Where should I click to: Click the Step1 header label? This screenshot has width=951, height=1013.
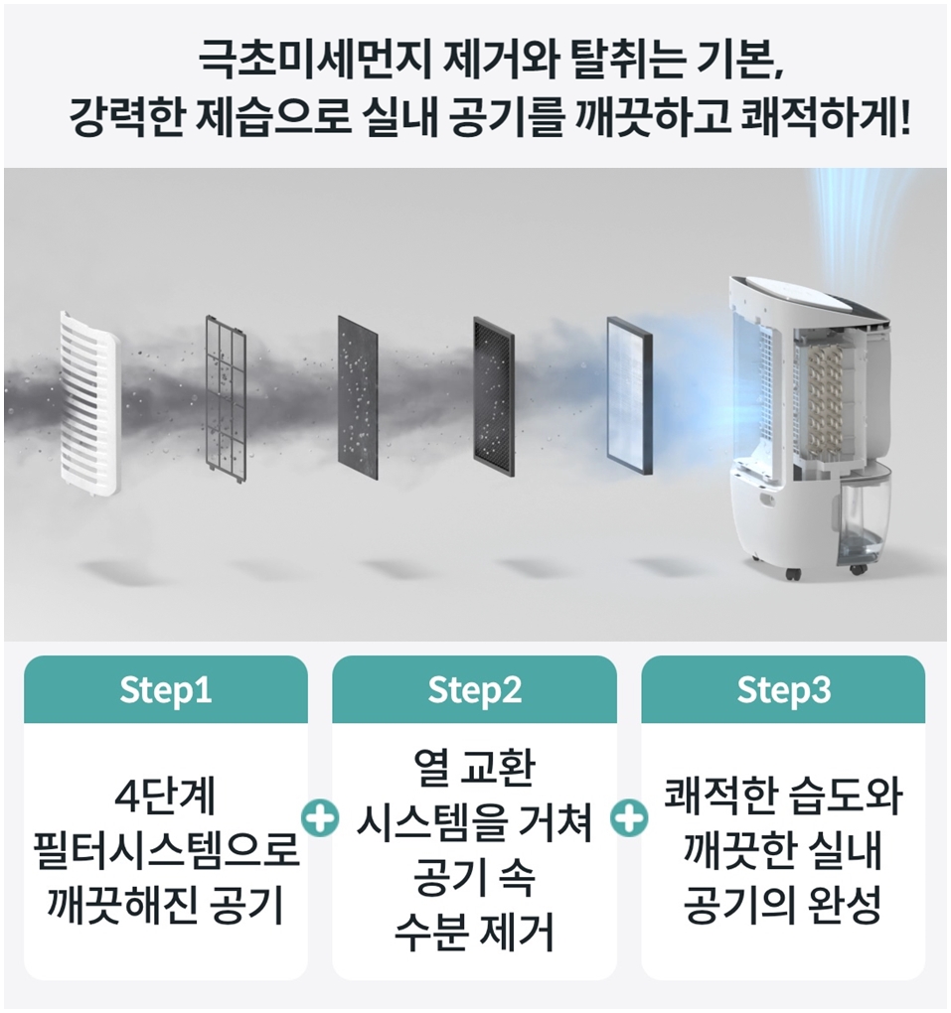166,690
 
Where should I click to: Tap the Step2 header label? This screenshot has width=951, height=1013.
474,690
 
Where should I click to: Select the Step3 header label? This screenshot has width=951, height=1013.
783,690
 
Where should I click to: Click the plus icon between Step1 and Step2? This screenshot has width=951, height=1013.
318,820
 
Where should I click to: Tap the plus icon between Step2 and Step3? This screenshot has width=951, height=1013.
628,820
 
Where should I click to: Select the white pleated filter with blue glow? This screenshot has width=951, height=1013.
630,389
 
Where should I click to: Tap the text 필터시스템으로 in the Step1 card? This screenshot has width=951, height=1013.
166,852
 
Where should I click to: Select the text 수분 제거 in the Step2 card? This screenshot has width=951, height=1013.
474,933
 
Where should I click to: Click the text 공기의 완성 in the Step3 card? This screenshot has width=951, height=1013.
783,907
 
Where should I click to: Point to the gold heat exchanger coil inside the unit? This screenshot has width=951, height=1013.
827,397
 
